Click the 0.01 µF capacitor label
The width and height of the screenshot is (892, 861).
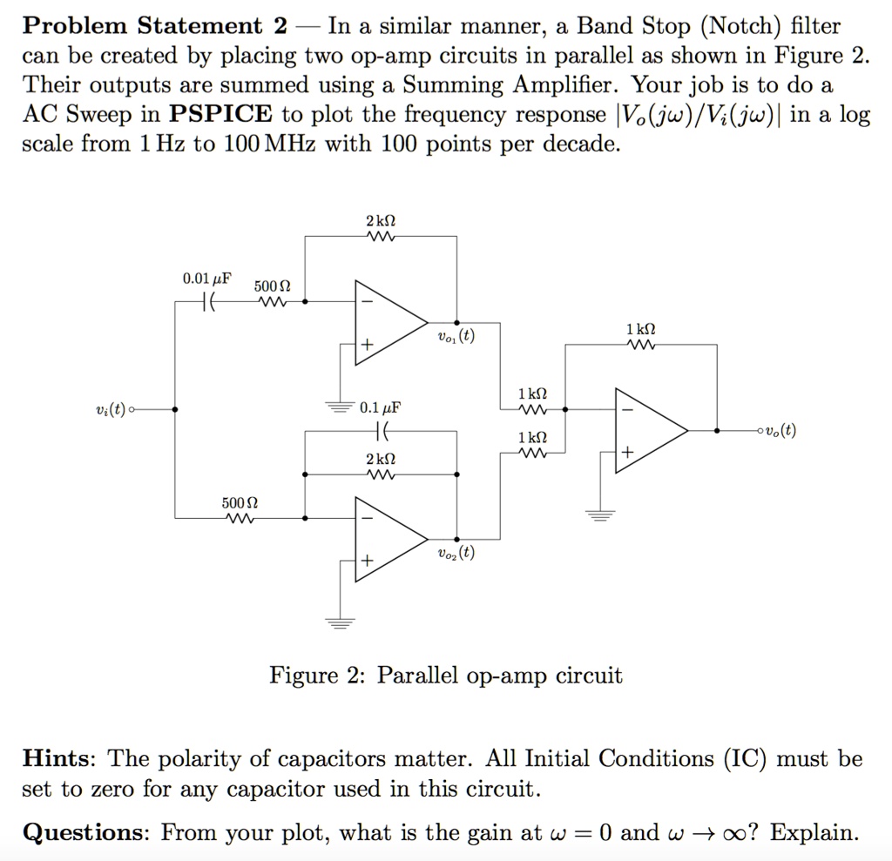click(206, 279)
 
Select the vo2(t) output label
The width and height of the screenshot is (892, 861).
click(456, 553)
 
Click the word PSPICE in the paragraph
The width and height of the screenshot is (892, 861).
click(221, 114)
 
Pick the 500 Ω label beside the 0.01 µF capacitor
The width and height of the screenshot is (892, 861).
click(273, 286)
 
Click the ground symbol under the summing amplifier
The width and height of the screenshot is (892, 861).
click(598, 515)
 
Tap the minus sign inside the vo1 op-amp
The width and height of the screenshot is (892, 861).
click(367, 301)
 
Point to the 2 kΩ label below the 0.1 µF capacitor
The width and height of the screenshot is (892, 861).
click(381, 459)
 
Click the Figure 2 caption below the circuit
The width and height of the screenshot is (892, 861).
click(446, 675)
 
